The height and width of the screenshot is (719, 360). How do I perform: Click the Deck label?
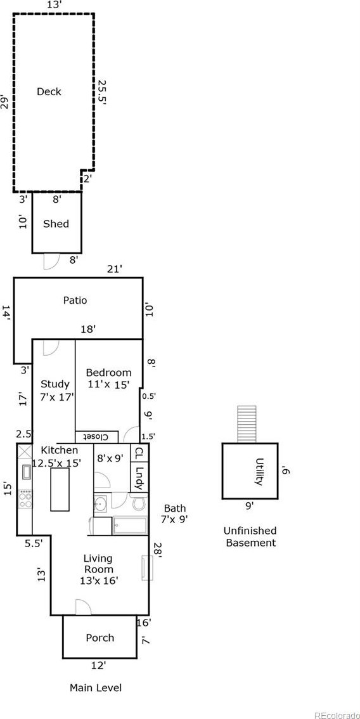coord(49,92)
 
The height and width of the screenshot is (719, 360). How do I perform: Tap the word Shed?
coord(56,224)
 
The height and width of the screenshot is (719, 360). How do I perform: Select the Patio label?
coord(75,301)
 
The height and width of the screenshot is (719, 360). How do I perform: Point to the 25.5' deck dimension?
coord(101,93)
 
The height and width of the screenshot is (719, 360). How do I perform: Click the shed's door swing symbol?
coord(51,261)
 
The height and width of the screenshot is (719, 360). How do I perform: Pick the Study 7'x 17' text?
coord(55,390)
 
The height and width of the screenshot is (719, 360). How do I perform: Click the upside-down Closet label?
coord(97,436)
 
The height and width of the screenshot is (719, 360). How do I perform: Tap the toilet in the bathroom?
coord(138,503)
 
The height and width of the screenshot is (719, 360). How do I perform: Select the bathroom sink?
coord(100,505)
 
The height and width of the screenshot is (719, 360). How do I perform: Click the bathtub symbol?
coord(130,526)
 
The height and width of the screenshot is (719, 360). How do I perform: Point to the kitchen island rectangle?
coord(60,489)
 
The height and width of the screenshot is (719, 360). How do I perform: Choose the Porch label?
coord(100,638)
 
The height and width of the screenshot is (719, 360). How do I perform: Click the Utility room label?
coord(260,471)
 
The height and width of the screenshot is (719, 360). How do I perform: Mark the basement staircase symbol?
coord(247,424)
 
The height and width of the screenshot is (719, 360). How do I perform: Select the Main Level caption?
coord(96,688)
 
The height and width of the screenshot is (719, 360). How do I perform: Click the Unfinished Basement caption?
coord(250,537)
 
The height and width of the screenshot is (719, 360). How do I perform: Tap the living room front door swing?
coord(83,607)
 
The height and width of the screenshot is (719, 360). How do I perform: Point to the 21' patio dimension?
coord(114,269)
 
